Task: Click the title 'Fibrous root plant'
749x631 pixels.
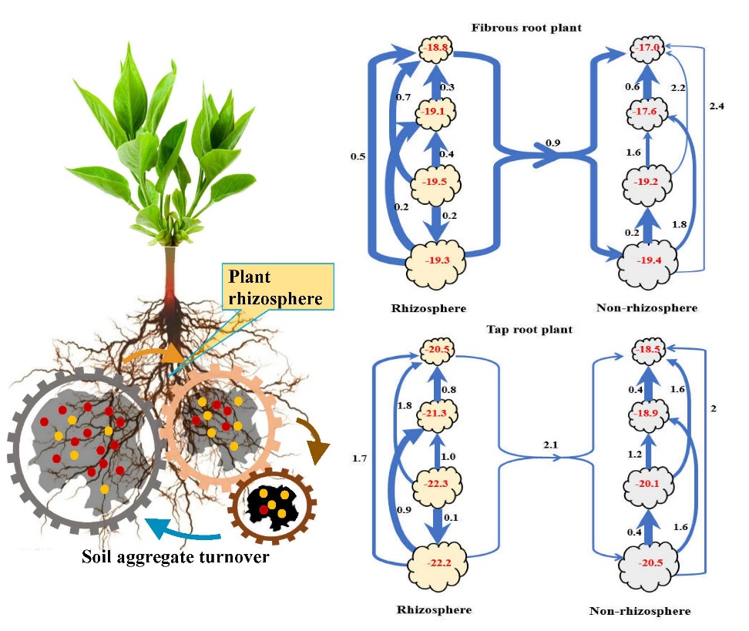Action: pos(526,29)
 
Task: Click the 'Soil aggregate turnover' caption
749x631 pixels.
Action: pos(176,556)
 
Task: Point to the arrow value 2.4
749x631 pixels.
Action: pos(717,106)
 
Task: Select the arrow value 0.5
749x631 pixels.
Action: pos(357,157)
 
